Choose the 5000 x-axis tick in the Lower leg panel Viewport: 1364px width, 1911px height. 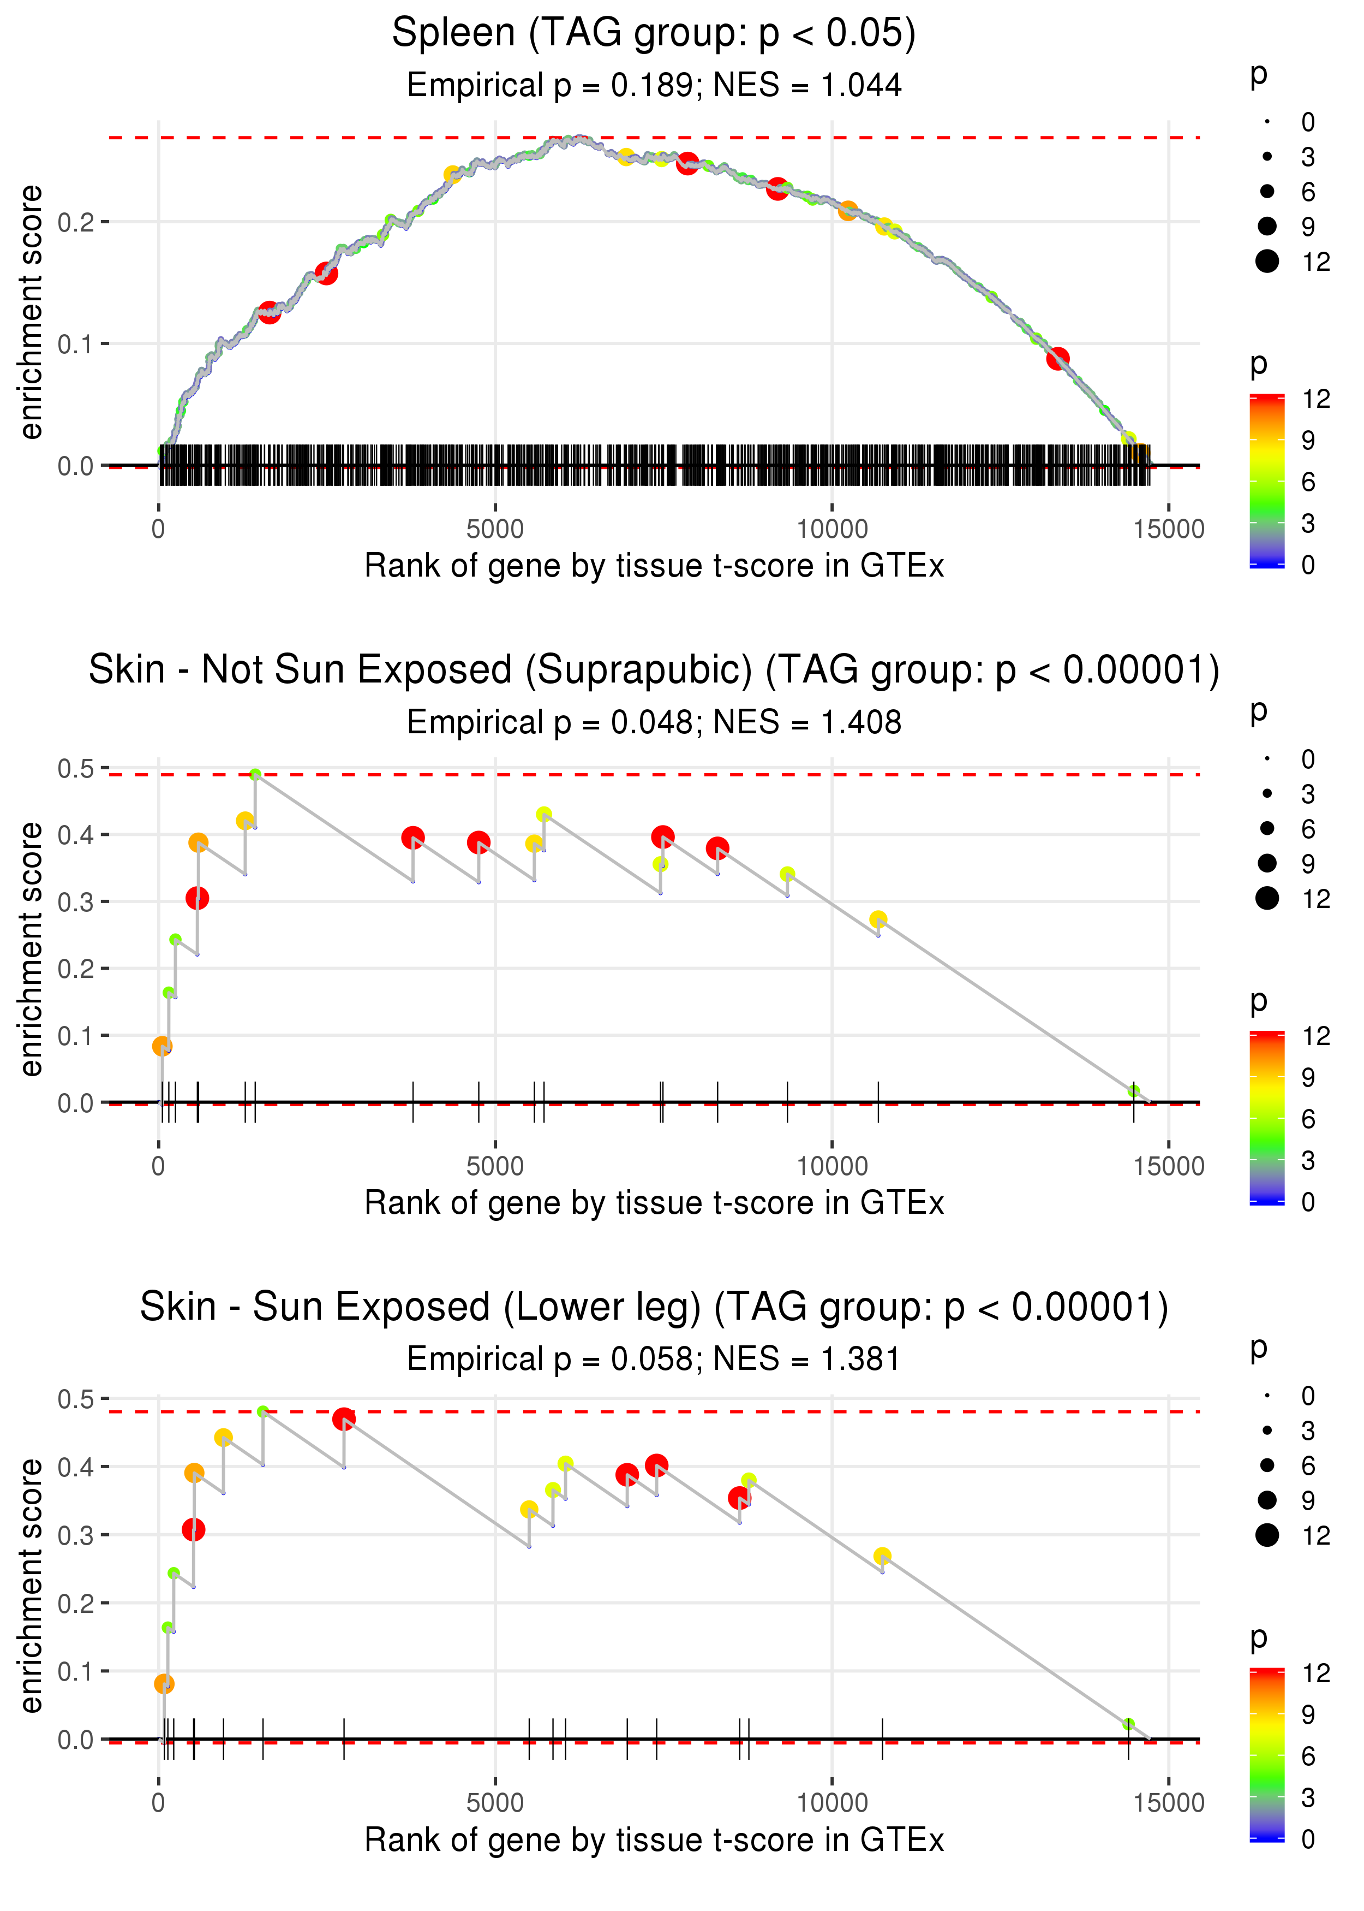[495, 1803]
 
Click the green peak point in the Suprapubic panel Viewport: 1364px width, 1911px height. [255, 775]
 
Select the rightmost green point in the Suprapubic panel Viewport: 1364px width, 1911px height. [1134, 1091]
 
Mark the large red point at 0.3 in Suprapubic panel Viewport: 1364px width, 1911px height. [198, 898]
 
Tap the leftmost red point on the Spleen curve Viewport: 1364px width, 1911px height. [269, 313]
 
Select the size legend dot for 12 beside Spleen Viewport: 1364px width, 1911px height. [1267, 262]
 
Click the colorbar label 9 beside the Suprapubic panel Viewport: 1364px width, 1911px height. [1308, 1077]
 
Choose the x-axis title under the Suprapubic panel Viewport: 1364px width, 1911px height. [654, 1203]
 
